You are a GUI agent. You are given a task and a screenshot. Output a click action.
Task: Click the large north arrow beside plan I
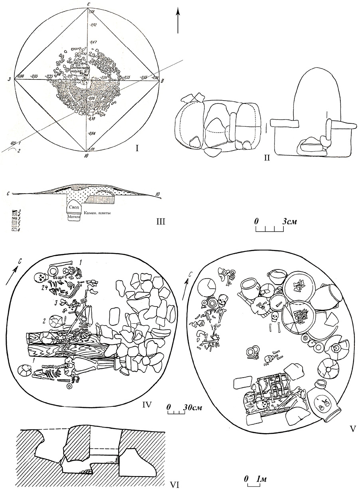coord(178,18)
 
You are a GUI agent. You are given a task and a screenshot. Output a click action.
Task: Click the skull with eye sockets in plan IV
coord(40,277)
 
